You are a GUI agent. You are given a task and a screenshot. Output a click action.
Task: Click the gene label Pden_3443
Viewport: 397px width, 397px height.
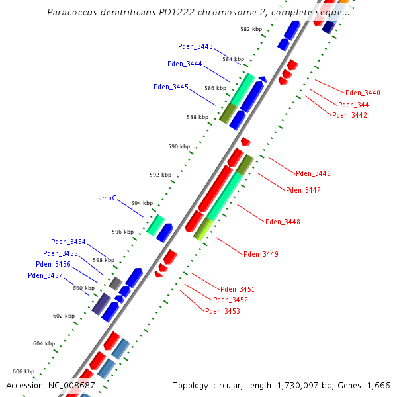point(195,46)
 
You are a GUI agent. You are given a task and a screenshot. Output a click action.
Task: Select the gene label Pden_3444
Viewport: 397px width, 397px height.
point(185,64)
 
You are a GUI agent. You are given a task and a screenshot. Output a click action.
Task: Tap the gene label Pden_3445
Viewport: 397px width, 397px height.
point(171,87)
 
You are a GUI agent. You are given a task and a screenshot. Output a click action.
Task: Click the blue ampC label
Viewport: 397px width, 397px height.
point(107,198)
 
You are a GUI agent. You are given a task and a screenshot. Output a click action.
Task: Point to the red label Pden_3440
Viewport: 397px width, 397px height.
point(363,93)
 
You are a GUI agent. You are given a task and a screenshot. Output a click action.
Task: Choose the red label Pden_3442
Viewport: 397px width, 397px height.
point(349,115)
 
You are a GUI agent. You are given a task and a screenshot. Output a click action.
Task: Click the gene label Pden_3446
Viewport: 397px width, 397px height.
point(313,173)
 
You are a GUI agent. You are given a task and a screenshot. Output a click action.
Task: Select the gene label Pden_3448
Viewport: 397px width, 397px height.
point(283,222)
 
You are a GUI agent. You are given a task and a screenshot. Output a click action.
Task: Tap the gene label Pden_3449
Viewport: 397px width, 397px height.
point(261,254)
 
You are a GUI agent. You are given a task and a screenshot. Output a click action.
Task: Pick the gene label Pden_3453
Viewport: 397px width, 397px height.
point(222,311)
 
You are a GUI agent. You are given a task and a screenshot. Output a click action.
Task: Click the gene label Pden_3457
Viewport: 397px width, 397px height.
point(45,275)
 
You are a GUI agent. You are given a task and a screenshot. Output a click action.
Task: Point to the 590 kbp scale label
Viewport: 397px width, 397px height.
point(179,146)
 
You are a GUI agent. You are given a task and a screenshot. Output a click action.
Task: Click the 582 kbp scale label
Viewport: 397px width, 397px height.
point(251,30)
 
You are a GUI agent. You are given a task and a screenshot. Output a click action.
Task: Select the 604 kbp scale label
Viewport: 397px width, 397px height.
point(44,343)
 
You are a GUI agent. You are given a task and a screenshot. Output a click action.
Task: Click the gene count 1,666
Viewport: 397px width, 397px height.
point(378,385)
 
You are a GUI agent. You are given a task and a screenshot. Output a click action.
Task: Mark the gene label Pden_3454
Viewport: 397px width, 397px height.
point(68,242)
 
